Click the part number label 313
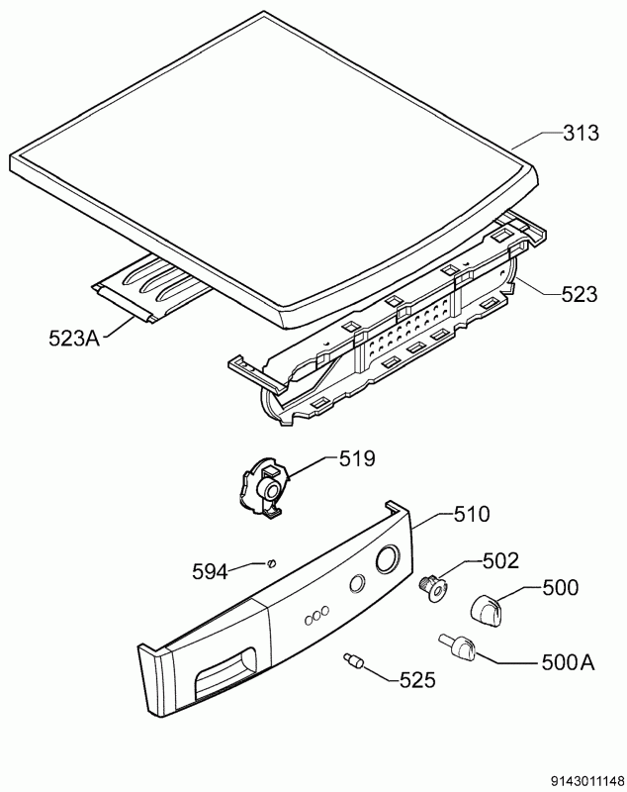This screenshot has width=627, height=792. pyautogui.click(x=581, y=134)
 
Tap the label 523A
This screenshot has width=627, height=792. pyautogui.click(x=75, y=339)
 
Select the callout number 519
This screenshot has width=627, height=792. pyautogui.click(x=357, y=458)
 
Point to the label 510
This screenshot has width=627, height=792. pyautogui.click(x=471, y=515)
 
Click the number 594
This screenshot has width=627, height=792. pyautogui.click(x=210, y=570)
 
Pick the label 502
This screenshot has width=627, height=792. pyautogui.click(x=500, y=561)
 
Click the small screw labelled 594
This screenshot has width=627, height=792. pyautogui.click(x=270, y=563)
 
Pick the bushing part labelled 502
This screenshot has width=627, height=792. pyautogui.click(x=433, y=587)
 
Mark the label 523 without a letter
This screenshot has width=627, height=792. pyautogui.click(x=579, y=294)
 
